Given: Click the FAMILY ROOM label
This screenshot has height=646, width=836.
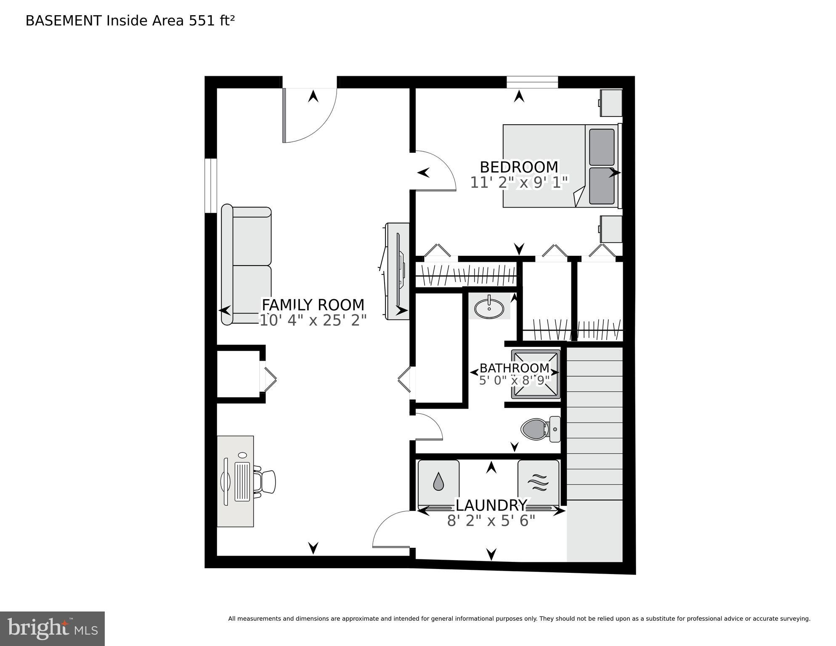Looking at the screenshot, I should tap(313, 305).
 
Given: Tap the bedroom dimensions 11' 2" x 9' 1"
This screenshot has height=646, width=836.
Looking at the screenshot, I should tap(519, 183).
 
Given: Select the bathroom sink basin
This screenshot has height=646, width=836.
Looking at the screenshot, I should tap(489, 308).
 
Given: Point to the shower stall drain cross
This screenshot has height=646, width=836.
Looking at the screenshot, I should tap(535, 374).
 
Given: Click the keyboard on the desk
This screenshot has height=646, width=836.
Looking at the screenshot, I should tap(242, 482).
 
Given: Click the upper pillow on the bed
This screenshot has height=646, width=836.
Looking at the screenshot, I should tap(602, 147).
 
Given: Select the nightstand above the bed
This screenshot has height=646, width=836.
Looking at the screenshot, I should tap(611, 103).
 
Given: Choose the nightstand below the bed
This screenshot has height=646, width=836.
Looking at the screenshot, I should tap(611, 229).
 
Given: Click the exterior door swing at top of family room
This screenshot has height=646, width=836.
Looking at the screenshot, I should tap(310, 114).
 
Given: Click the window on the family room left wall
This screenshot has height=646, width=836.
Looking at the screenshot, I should tap(210, 186).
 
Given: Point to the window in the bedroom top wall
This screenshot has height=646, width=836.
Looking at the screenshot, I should tap(532, 82).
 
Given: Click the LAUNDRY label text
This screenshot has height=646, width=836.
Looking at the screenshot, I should tap(491, 505).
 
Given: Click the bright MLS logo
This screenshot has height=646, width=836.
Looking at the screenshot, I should tap(52, 629).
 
